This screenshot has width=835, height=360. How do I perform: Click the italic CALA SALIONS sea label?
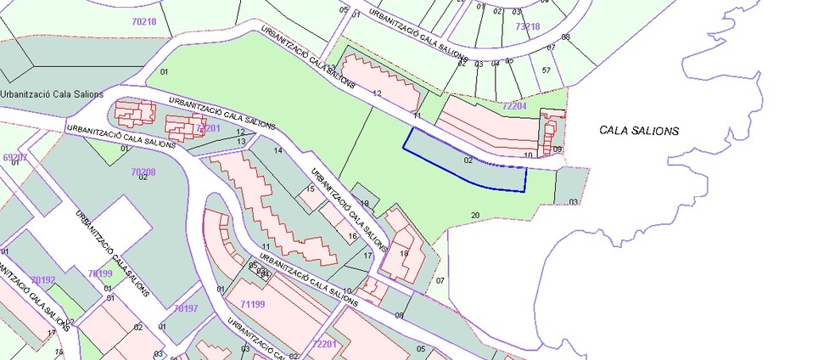(640, 131)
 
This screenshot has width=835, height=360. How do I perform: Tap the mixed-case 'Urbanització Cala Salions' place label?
(52, 94)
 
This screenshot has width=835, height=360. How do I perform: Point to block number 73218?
(527, 27)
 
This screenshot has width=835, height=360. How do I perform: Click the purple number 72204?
(514, 106)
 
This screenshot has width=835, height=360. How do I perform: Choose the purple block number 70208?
(143, 172)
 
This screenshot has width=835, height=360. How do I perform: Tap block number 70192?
(42, 279)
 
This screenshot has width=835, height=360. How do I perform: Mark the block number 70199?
(100, 273)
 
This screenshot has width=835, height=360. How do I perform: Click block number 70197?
(186, 307)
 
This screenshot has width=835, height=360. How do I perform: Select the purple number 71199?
(253, 303)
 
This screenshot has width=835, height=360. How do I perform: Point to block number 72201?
(325, 344)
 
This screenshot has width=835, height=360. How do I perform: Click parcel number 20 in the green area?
(474, 214)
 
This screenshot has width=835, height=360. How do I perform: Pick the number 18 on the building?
(404, 253)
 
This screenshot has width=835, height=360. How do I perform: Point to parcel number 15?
(311, 188)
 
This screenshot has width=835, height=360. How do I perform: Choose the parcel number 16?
(352, 235)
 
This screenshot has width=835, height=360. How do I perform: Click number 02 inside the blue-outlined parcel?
(468, 160)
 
